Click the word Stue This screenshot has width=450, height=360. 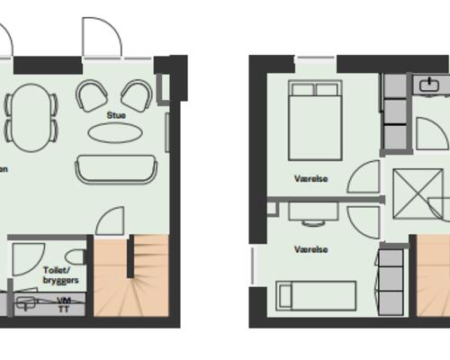(x=116, y=115)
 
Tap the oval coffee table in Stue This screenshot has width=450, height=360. (x=115, y=133)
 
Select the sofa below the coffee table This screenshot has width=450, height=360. (x=115, y=168)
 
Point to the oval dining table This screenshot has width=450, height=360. (x=34, y=114)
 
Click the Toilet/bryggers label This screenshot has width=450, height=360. (x=60, y=274)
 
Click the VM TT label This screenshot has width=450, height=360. (x=63, y=303)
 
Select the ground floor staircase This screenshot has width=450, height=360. (x=131, y=274)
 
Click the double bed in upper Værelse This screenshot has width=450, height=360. (x=315, y=119)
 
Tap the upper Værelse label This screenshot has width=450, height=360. (x=310, y=178)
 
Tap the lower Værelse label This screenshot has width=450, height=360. (x=310, y=249)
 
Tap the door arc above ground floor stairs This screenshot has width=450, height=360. (x=111, y=221)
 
